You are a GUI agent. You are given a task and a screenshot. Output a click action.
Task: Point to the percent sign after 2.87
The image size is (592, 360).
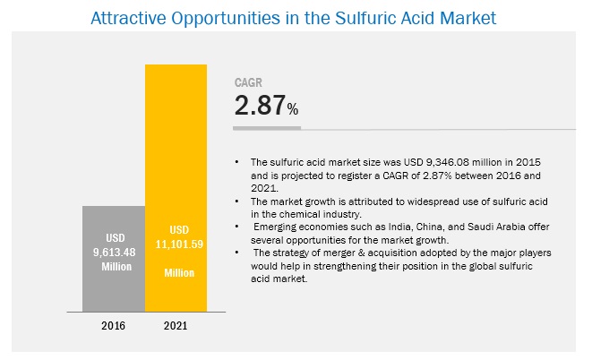293,110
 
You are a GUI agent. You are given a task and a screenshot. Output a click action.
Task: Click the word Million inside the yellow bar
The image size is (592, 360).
176,271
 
